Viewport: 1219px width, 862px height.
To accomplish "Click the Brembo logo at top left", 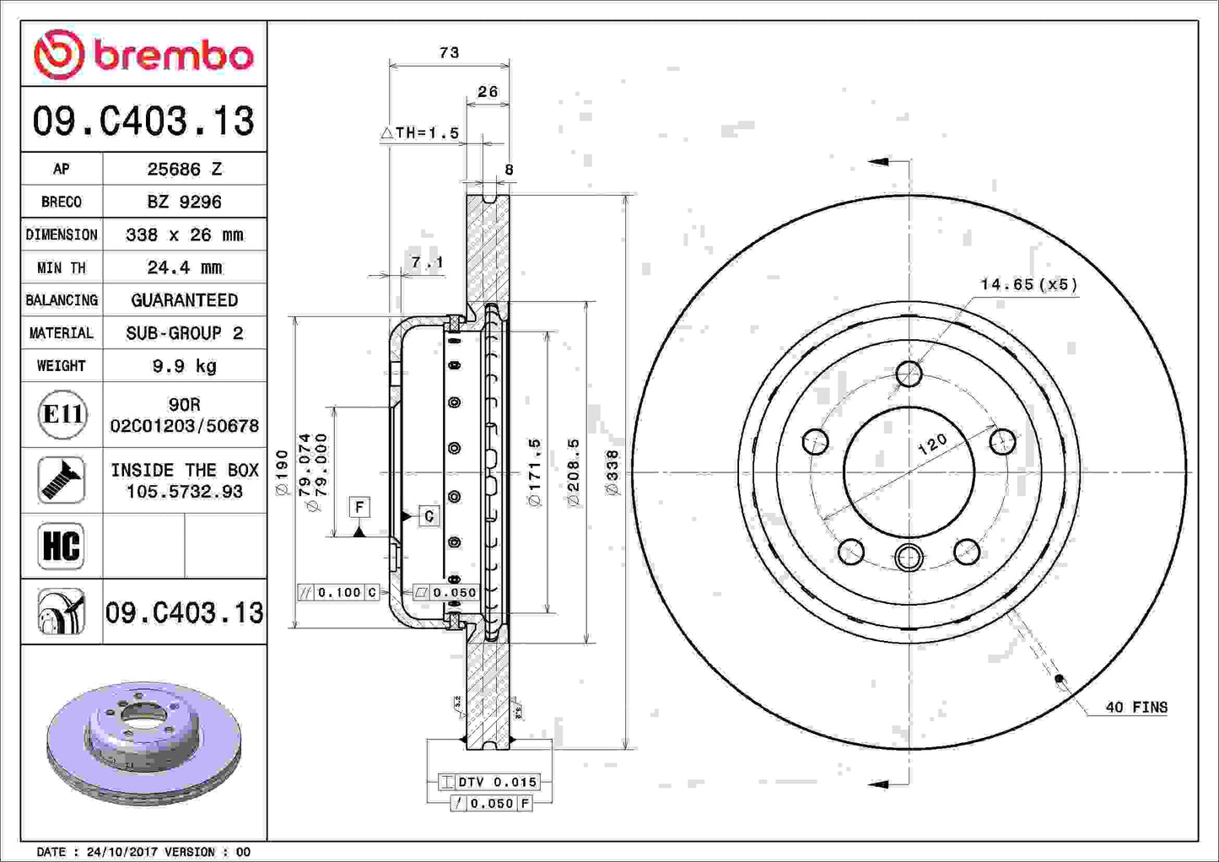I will pos(143,55).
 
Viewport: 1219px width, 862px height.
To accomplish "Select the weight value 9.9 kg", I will pos(184,366).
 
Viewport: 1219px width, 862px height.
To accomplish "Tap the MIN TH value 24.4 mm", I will pos(184,268).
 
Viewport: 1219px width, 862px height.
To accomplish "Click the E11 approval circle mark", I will pos(62,414).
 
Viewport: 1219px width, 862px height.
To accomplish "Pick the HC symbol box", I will pos(62,546).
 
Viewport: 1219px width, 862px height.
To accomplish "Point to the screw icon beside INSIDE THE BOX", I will pos(62,480).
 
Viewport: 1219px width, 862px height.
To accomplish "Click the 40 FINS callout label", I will pos(1135,708).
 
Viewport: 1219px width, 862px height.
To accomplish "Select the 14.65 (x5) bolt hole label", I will pos(1028,284).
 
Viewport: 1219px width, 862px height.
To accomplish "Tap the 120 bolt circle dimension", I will pos(932,444).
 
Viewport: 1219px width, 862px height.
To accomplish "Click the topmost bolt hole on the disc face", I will pos(909,373).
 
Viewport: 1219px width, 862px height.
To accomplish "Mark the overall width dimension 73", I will pos(449,53).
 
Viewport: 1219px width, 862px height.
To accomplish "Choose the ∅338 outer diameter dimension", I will pos(612,472).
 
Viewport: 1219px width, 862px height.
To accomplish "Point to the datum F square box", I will pos(359,507).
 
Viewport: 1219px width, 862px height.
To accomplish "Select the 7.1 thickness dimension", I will pos(427,263).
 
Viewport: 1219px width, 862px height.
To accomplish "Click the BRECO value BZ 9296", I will pos(184,202).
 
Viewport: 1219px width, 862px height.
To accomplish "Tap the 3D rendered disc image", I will pos(143,742).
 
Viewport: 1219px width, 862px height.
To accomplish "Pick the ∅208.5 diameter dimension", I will pos(574,472).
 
